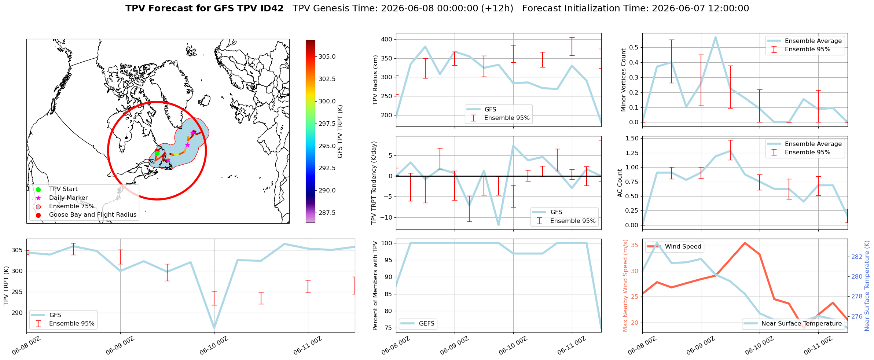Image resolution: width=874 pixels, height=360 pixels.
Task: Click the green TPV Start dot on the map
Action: tap(157, 153)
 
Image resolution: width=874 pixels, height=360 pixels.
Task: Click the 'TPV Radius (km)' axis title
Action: tap(375, 80)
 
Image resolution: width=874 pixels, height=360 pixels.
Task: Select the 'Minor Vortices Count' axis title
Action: tap(624, 80)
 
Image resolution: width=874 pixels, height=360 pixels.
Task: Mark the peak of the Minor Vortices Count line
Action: tap(715, 37)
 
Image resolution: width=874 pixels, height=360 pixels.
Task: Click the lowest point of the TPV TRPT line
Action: tap(214, 328)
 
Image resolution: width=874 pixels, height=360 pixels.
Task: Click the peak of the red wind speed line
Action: tap(745, 243)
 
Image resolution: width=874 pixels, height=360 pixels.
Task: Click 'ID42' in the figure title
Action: tap(271, 8)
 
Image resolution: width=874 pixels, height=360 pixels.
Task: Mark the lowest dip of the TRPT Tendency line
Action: tap(499, 225)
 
